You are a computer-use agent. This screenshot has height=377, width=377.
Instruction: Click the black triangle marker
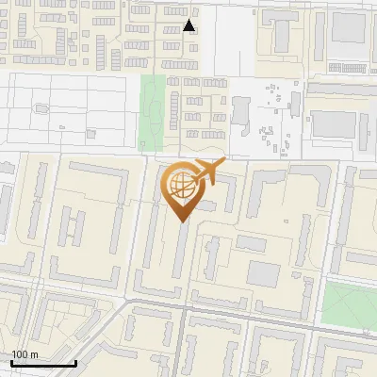(x=189, y=25)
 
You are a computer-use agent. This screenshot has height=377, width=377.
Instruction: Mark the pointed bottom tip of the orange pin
(x=183, y=222)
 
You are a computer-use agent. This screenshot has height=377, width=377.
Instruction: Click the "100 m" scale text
(x=25, y=354)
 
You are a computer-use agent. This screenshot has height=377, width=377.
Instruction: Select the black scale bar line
(x=43, y=363)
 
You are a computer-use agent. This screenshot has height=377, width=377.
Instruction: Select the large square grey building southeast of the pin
(x=264, y=274)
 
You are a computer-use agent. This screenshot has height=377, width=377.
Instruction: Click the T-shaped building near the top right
(x=282, y=33)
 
